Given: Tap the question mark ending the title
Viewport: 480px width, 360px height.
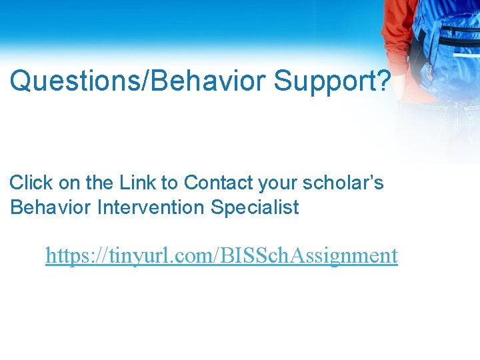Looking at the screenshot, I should (383, 81).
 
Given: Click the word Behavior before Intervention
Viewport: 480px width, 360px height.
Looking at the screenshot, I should (51, 207).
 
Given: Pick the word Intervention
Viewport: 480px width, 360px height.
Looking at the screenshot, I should (151, 207).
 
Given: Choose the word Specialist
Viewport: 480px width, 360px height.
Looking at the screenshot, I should (255, 208).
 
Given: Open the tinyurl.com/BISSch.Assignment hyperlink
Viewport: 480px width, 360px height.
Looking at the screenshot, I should (221, 255).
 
